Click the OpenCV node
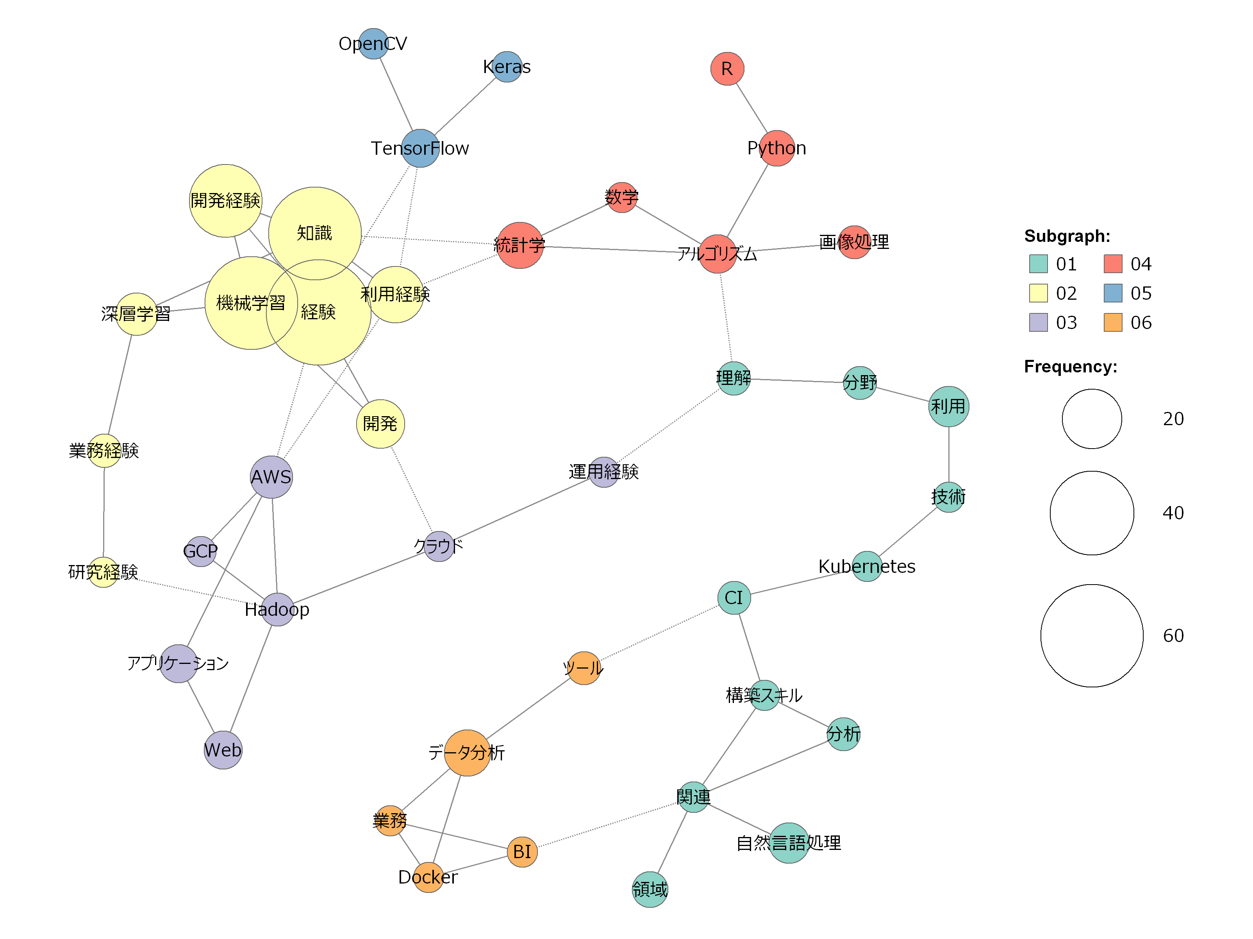tap(373, 44)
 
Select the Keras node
tap(507, 67)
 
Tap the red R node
tap(727, 68)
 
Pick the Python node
tap(776, 148)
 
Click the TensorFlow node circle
tap(420, 148)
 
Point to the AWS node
tap(271, 477)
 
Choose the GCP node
tap(200, 551)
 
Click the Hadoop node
tap(277, 609)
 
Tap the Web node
tap(223, 750)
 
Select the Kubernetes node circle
tap(867, 566)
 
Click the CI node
tap(734, 597)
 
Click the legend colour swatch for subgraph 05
tap(1112, 293)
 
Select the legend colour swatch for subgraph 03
tap(1038, 322)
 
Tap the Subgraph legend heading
tap(1067, 236)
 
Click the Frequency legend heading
tap(1070, 367)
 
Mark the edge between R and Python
tap(752, 108)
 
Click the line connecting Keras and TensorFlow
tap(464, 107)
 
